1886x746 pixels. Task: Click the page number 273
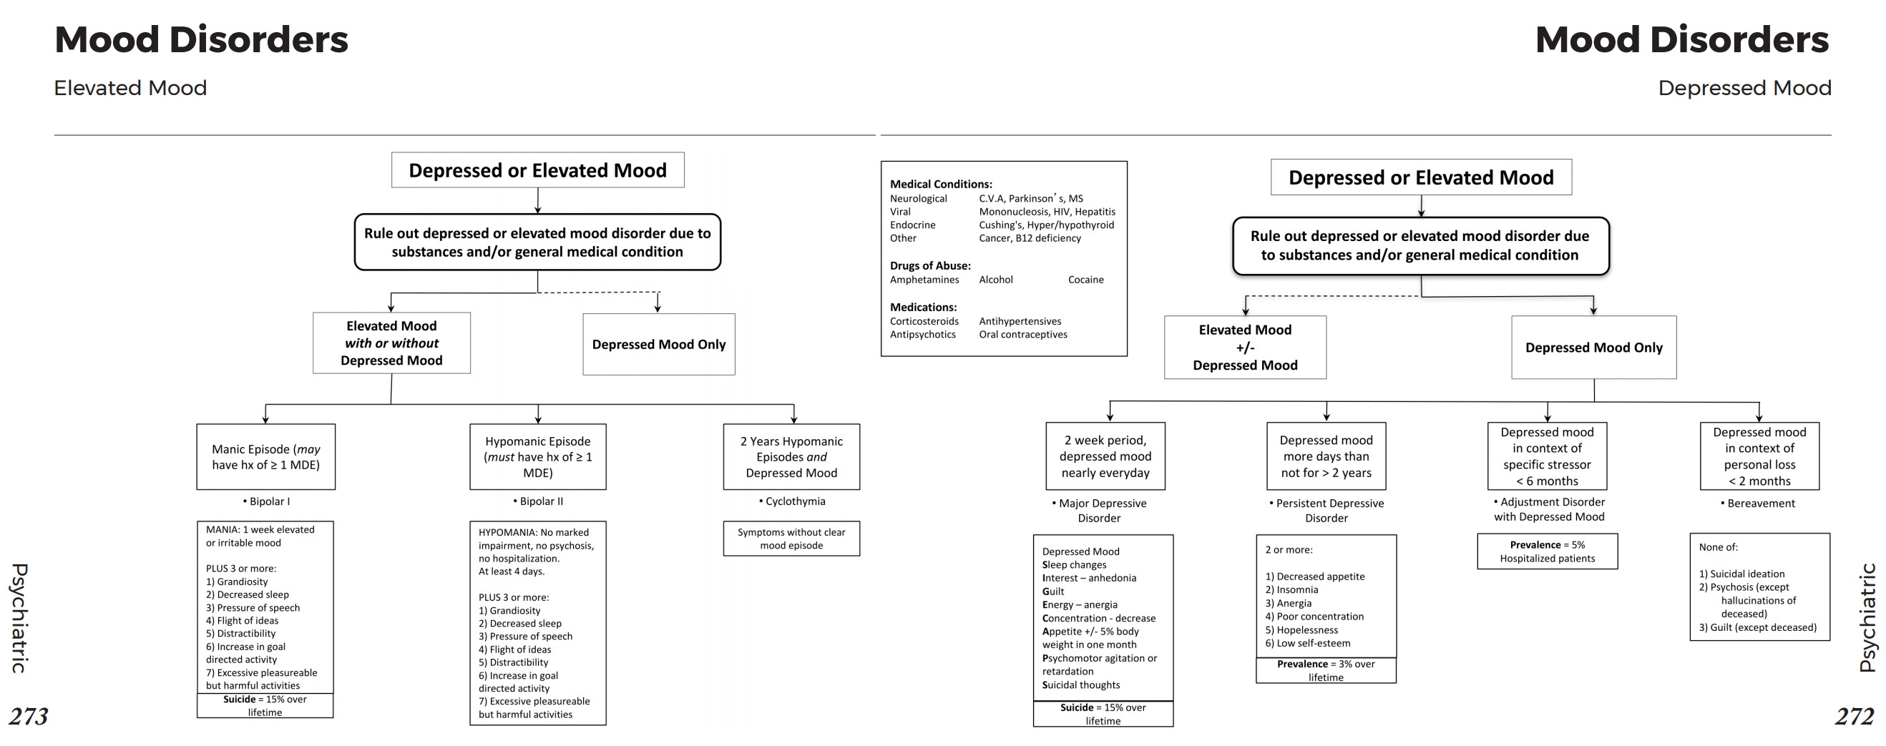(29, 715)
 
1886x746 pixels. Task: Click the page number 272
(1854, 715)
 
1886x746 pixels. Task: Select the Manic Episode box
(265, 457)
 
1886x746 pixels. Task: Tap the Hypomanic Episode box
(537, 457)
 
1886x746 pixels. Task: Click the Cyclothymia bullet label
(792, 501)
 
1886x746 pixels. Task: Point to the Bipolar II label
(538, 501)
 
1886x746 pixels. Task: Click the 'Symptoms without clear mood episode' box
(791, 539)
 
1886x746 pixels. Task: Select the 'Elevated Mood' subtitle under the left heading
(130, 88)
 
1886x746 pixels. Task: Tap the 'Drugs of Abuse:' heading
(930, 266)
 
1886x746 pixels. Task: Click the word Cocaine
(1085, 280)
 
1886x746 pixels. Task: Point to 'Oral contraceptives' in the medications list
(1023, 335)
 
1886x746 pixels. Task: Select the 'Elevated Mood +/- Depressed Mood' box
(1245, 347)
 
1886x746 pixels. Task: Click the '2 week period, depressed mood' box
(1105, 456)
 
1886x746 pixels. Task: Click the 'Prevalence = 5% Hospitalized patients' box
(1547, 551)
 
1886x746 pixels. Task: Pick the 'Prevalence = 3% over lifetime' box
(1325, 671)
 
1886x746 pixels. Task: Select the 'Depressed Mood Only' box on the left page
(658, 344)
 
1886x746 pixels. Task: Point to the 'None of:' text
(1718, 547)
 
